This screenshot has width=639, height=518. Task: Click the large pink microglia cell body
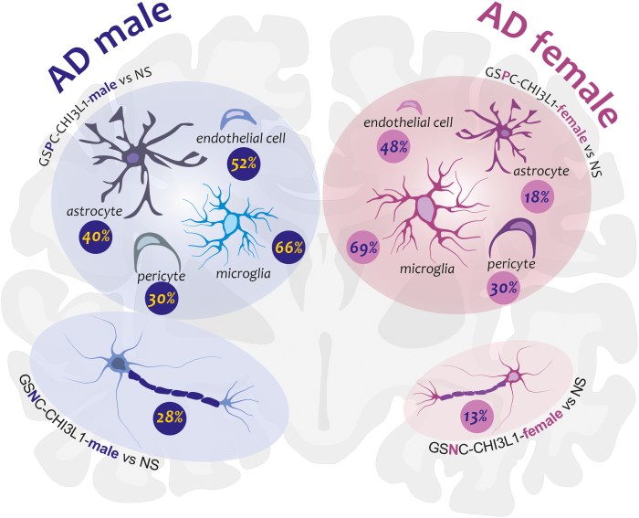(x=427, y=211)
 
